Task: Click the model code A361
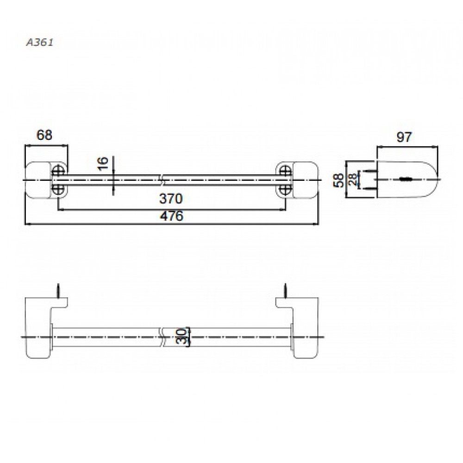click(40, 43)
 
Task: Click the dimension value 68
click(44, 135)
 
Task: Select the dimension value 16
click(103, 163)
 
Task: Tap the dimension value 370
click(171, 199)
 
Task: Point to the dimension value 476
click(172, 216)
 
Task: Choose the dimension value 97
click(404, 137)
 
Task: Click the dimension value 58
click(339, 180)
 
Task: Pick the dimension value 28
click(352, 180)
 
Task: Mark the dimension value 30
click(182, 336)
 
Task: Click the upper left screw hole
click(58, 171)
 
